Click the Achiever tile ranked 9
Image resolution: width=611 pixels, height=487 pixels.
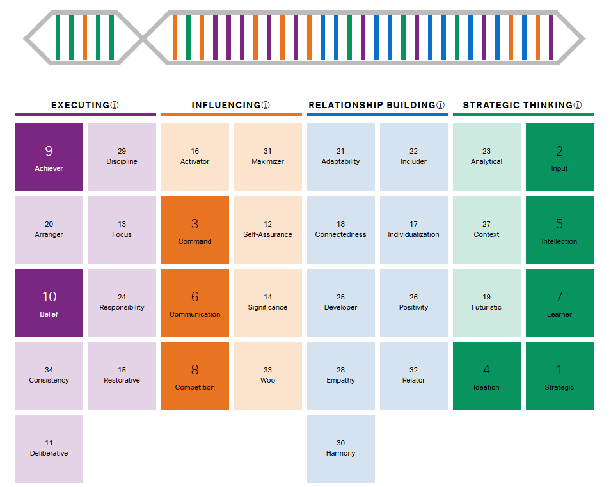(x=49, y=157)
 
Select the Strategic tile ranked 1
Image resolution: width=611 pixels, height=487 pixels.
(x=559, y=376)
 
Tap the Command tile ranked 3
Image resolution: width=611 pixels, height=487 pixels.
(x=195, y=230)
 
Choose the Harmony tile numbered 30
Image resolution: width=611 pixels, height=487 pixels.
(x=341, y=449)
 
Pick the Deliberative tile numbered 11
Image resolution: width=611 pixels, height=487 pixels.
(x=49, y=449)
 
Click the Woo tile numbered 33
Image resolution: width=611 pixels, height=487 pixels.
(x=268, y=376)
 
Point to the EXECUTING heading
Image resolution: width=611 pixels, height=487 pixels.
(x=80, y=105)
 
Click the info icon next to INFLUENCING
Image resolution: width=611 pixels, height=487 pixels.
(x=266, y=105)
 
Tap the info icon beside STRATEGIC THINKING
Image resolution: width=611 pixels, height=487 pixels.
(x=578, y=105)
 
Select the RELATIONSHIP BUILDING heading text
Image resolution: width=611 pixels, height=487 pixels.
(x=372, y=105)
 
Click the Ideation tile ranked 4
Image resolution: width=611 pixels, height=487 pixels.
(x=487, y=376)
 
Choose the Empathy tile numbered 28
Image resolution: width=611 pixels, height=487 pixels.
(x=341, y=376)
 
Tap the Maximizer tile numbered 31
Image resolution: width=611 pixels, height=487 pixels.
(x=268, y=157)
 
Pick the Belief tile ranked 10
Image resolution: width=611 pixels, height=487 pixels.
(x=49, y=303)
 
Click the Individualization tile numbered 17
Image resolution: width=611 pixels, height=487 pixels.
(x=414, y=230)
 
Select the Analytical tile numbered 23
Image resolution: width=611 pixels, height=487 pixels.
(x=487, y=157)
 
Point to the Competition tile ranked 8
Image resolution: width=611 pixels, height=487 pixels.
(x=195, y=376)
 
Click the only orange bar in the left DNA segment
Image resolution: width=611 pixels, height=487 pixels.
(x=84, y=38)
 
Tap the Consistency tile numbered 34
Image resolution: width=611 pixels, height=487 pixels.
(x=49, y=376)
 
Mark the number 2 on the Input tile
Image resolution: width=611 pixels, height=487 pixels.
(x=559, y=151)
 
